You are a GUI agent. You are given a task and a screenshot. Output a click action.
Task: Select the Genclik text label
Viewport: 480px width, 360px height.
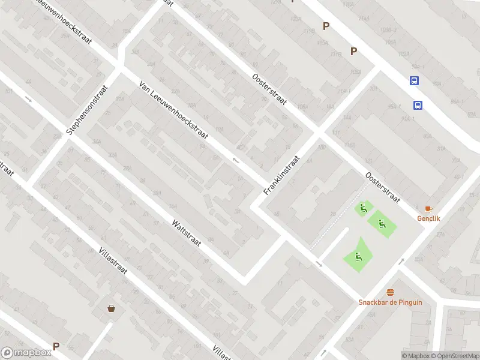(x=428, y=218)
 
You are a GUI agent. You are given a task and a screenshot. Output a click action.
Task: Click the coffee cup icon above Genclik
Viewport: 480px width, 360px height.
(x=428, y=209)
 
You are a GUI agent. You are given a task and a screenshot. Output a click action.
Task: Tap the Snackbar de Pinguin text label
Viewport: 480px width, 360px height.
(x=390, y=302)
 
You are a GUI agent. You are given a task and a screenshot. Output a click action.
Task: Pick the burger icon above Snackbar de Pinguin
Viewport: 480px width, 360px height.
(x=390, y=292)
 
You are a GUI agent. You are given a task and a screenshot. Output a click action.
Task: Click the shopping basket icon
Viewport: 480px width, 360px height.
(x=111, y=308)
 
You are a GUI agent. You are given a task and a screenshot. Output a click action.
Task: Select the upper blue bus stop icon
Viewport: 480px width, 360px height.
(x=414, y=81)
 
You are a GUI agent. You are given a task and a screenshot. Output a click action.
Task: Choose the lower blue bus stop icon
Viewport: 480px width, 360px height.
(x=418, y=105)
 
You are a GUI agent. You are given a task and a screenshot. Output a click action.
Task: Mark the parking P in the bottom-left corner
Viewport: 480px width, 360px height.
(x=56, y=346)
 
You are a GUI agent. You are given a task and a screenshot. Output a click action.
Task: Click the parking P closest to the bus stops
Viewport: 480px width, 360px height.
(x=353, y=52)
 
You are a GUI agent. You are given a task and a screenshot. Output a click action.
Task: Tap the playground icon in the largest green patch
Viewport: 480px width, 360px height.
(x=358, y=258)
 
